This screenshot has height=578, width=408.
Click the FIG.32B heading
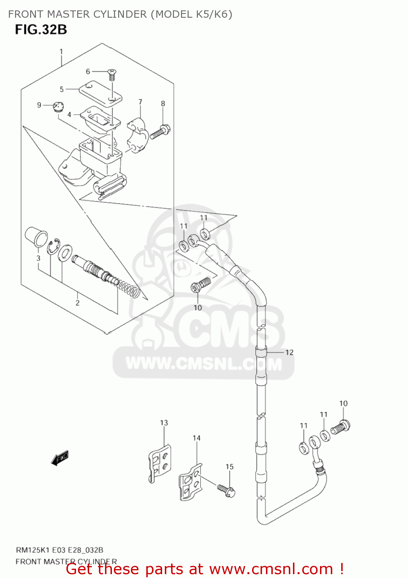41,29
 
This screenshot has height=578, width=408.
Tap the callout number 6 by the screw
88,71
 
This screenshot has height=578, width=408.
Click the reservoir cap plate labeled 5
100,92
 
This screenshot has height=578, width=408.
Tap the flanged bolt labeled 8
161,132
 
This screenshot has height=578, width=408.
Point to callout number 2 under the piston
77,303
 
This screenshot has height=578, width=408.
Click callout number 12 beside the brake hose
289,352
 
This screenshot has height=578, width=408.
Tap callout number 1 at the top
61,51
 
